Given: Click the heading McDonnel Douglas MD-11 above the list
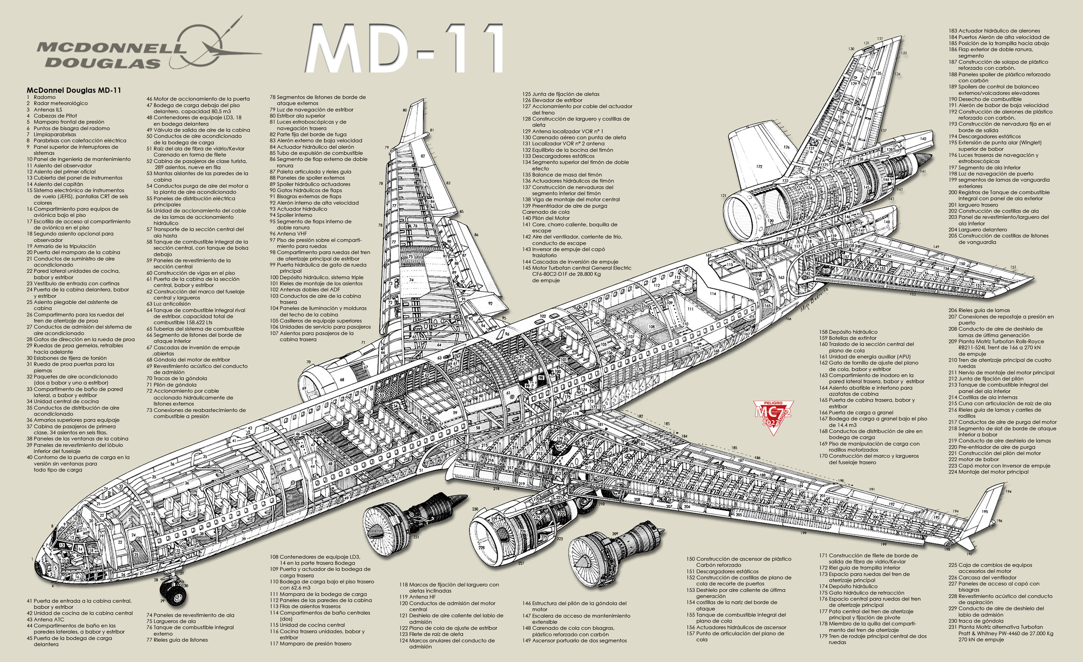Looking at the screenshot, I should [x=74, y=90].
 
